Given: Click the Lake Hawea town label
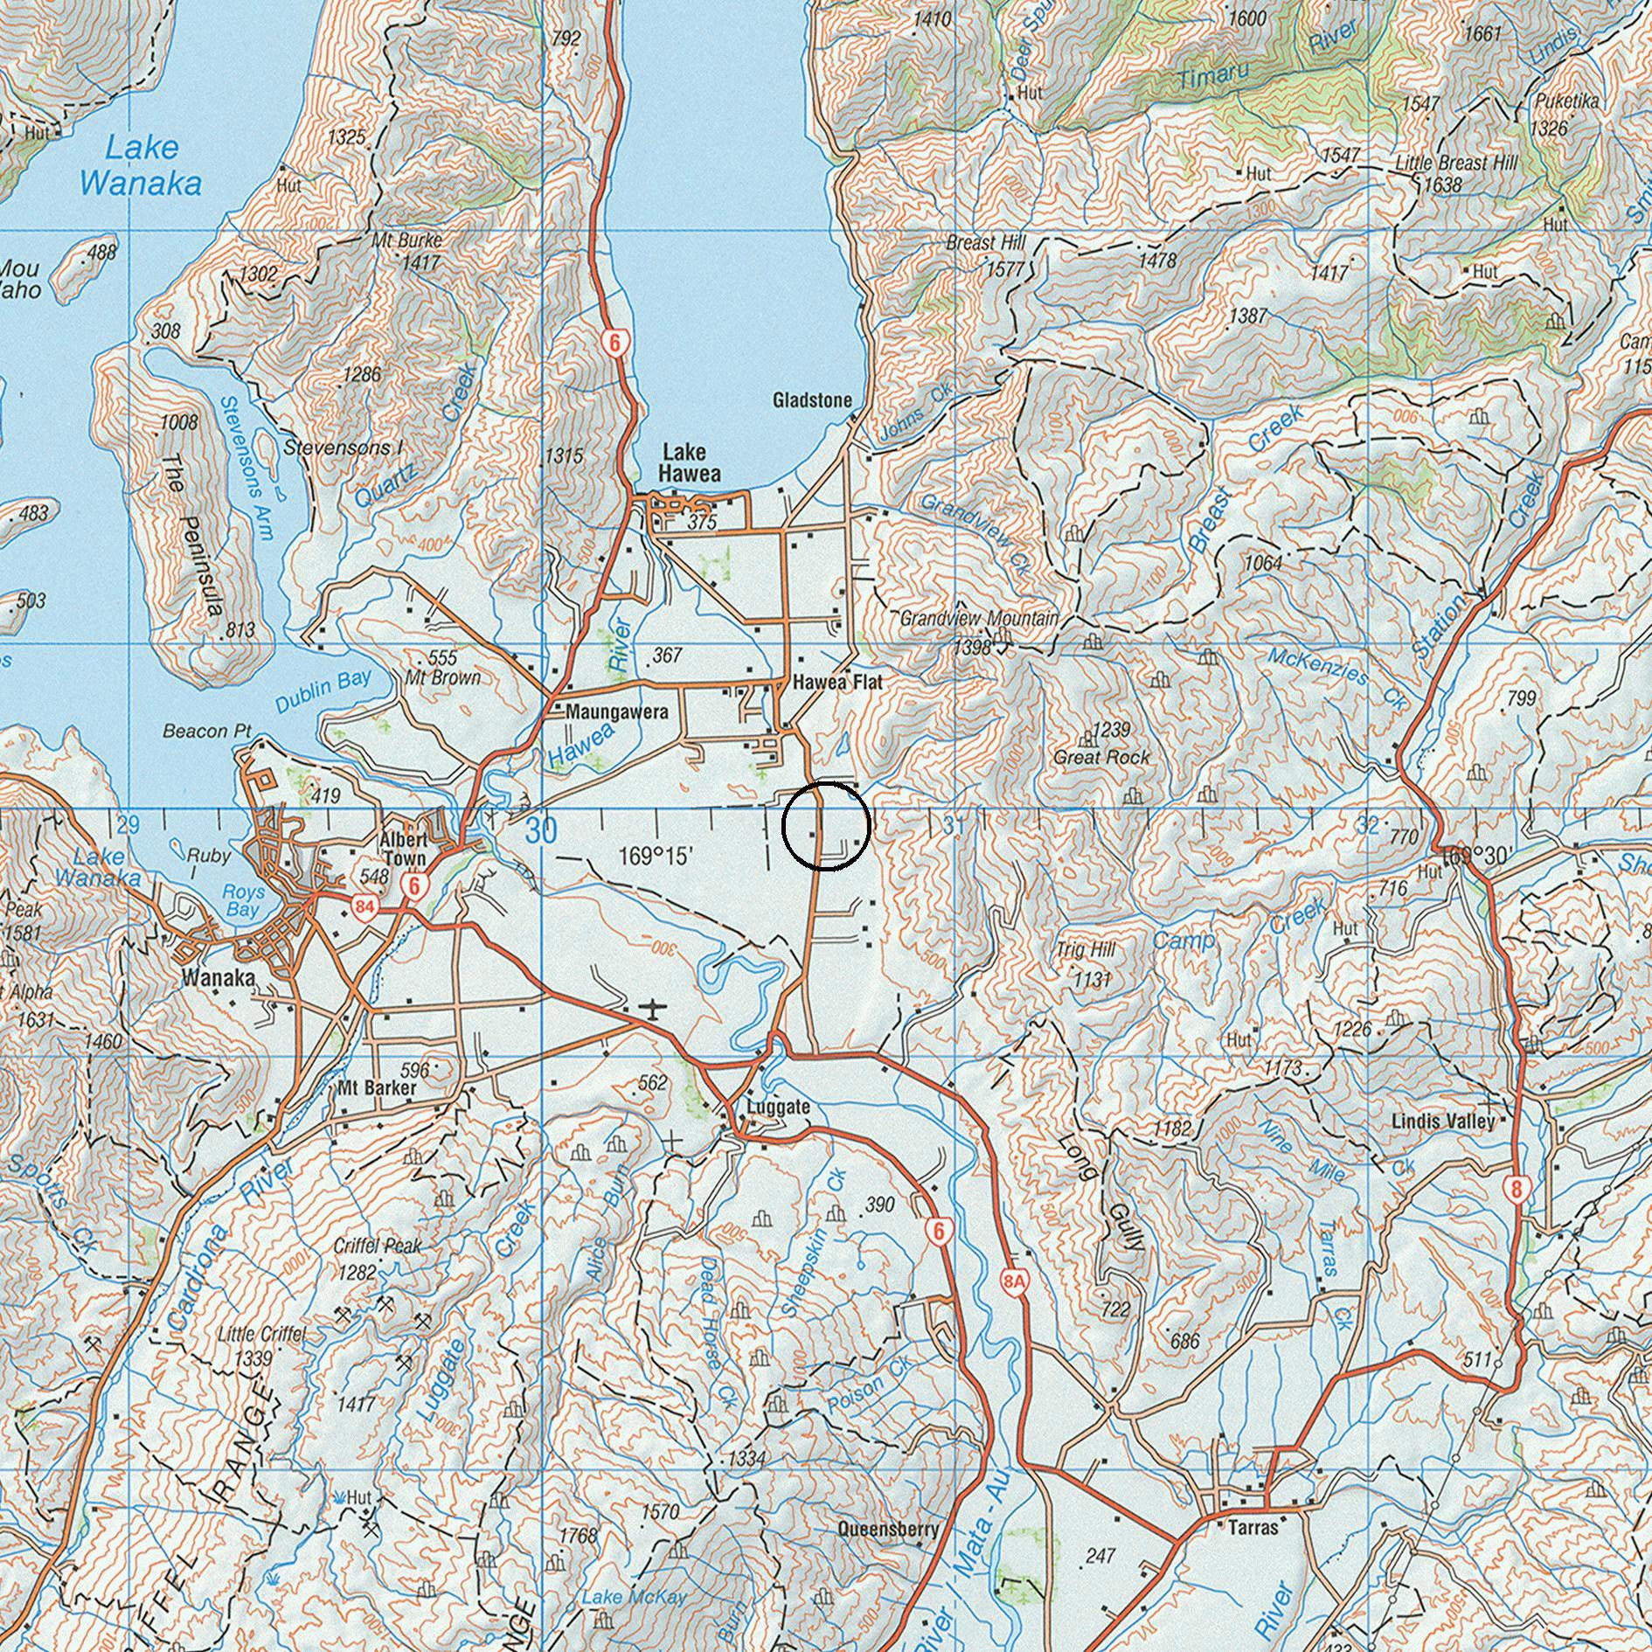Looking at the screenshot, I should [691, 462].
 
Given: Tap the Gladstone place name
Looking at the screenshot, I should [812, 400].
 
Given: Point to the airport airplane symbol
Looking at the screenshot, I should [651, 1010].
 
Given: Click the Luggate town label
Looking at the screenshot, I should [778, 1107].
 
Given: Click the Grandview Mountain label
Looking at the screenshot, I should [979, 619].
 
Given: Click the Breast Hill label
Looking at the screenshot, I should [985, 242].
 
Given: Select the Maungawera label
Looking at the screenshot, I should [616, 711].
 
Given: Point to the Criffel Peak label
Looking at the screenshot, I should [377, 1246].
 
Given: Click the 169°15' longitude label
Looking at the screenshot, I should [656, 855].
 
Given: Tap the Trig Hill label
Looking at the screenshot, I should [1086, 949].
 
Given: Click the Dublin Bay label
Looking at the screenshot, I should [323, 691].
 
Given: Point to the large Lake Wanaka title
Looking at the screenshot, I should [140, 165].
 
